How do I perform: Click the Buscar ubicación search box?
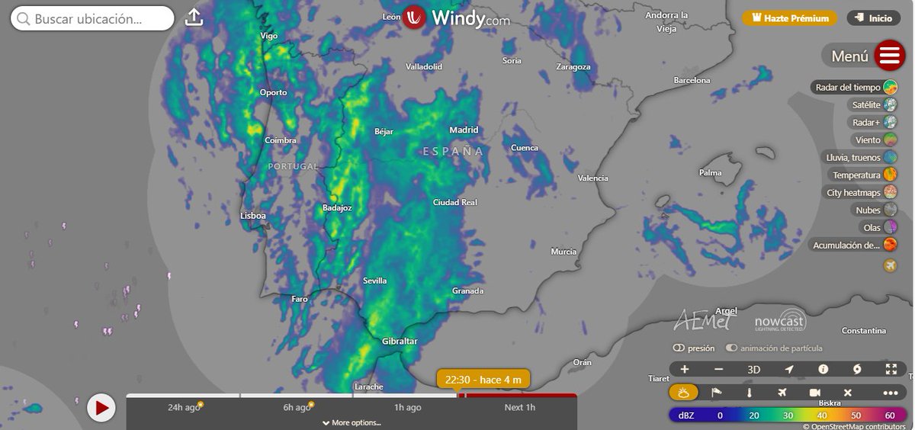[93, 18]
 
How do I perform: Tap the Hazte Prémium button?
[790, 18]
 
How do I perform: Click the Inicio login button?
[873, 18]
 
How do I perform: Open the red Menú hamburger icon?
[889, 56]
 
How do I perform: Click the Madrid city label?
[464, 130]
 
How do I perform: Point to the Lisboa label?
[253, 216]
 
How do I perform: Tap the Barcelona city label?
[692, 80]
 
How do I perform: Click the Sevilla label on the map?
[374, 281]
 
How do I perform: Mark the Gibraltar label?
[400, 342]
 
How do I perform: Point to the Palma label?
[710, 173]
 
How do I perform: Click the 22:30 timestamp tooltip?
[483, 379]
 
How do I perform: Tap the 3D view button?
[753, 370]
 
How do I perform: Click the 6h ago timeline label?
[297, 407]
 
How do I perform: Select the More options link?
[352, 422]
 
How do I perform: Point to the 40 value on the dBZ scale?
[822, 416]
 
